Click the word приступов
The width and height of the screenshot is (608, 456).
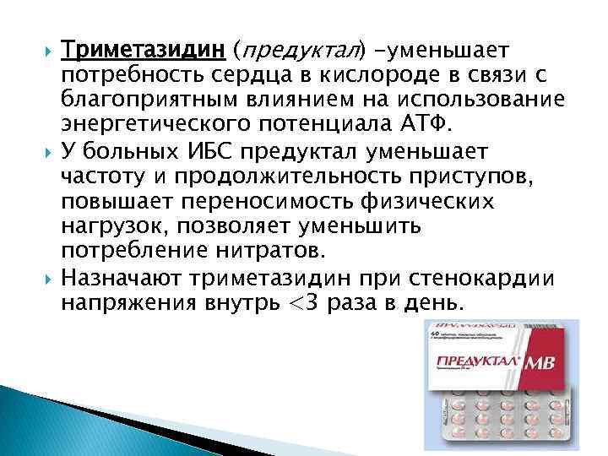(475, 175)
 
